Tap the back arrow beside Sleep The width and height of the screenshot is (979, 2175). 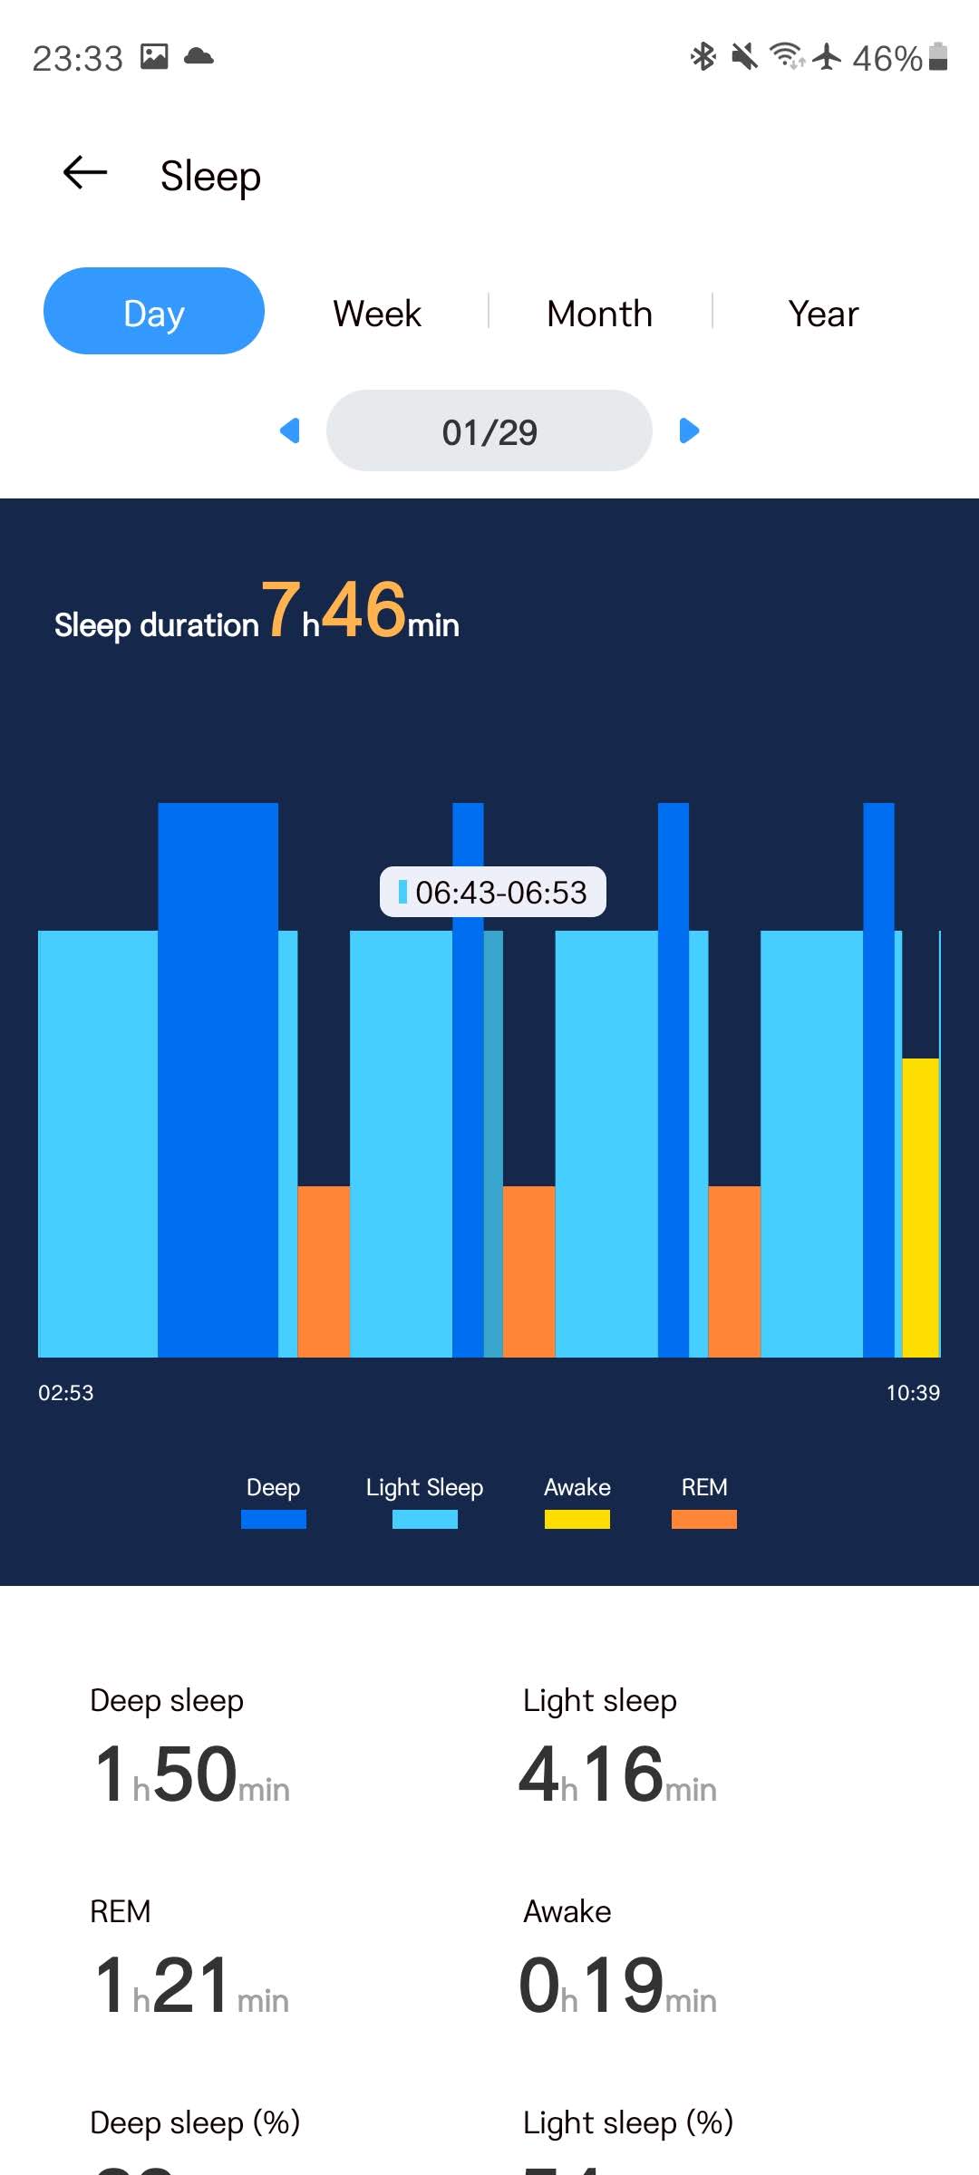[x=85, y=172]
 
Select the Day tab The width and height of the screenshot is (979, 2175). [x=154, y=311]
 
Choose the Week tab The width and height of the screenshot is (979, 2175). [x=377, y=314]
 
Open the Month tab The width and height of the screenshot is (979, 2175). [x=599, y=314]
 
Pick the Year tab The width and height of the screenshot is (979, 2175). [x=823, y=314]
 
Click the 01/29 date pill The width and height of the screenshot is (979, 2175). [x=489, y=431]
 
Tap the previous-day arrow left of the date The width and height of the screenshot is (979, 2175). [x=290, y=430]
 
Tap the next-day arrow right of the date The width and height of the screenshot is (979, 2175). [x=689, y=430]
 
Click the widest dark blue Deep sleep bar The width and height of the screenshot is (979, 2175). [x=218, y=1078]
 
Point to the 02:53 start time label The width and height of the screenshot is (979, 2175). [x=65, y=1393]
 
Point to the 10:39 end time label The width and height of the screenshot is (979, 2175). [x=913, y=1393]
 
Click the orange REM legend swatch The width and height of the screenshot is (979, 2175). [x=704, y=1520]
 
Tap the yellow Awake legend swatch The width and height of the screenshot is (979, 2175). [x=577, y=1520]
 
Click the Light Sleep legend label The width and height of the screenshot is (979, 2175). [x=424, y=1487]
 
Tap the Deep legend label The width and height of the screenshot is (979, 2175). [x=273, y=1487]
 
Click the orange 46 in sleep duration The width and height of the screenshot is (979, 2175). [x=363, y=609]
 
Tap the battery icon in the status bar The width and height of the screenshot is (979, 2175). [x=939, y=57]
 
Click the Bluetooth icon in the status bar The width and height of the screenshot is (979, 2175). [x=703, y=57]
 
